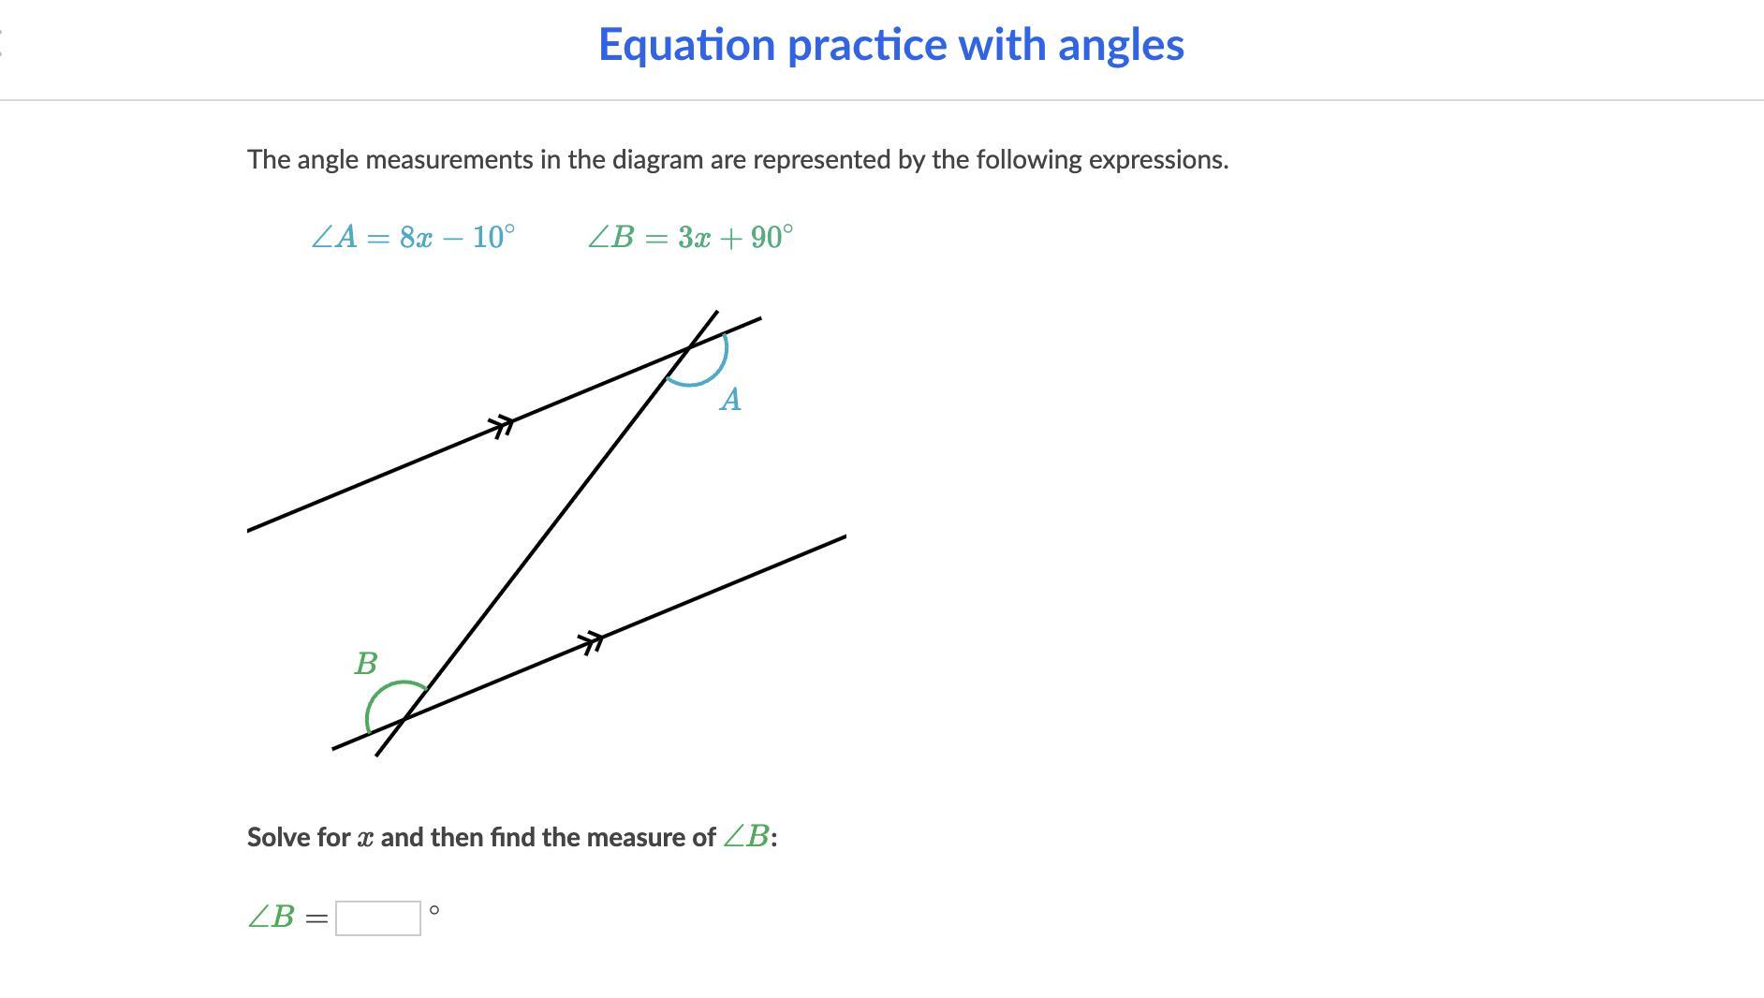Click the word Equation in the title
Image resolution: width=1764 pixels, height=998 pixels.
[x=687, y=46]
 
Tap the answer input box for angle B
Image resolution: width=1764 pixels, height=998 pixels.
[x=378, y=917]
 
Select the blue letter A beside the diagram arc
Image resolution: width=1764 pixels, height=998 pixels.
[x=730, y=400]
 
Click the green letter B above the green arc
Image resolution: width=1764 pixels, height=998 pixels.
[x=366, y=664]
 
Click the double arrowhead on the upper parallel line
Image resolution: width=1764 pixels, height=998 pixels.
[x=504, y=425]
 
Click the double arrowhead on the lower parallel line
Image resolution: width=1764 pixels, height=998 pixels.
[x=592, y=642]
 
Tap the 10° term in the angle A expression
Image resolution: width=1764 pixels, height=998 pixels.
[x=493, y=238]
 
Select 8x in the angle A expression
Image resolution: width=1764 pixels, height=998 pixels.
[x=416, y=238]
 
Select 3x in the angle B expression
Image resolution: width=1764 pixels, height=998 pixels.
[x=695, y=238]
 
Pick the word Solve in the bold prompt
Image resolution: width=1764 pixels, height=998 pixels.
[x=277, y=837]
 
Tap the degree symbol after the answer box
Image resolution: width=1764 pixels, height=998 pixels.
[x=434, y=910]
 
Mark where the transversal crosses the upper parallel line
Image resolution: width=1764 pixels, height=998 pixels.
[x=688, y=348]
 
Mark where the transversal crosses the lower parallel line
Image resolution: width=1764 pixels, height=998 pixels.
[x=404, y=719]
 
